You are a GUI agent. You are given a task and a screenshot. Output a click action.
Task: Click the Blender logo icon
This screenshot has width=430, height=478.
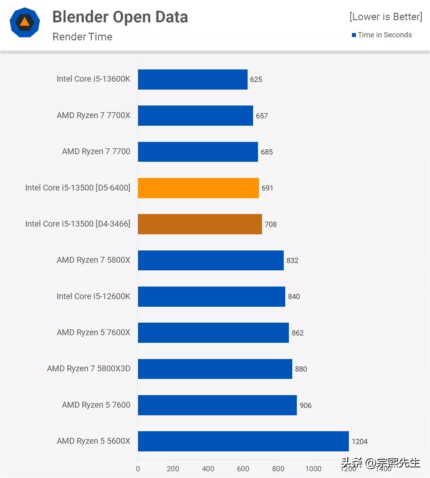click(x=25, y=23)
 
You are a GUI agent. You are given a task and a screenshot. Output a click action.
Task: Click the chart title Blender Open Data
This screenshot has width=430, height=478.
click(x=120, y=17)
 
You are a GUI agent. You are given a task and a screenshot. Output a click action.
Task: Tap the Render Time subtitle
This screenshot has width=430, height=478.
click(x=82, y=37)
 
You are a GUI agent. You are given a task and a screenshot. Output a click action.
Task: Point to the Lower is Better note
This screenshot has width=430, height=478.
click(x=386, y=17)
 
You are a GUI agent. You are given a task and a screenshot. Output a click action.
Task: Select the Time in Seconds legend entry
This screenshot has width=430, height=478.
click(x=384, y=35)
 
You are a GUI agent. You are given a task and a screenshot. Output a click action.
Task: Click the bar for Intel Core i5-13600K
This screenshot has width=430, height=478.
click(x=193, y=80)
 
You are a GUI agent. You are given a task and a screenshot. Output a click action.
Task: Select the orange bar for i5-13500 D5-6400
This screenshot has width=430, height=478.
click(x=198, y=188)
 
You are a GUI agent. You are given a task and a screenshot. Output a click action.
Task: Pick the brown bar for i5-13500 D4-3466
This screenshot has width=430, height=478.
click(x=200, y=224)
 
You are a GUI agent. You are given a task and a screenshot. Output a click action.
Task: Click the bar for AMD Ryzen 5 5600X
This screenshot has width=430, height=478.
click(x=243, y=441)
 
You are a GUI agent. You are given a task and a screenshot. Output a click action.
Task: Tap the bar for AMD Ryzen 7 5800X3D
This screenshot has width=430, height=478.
click(x=215, y=369)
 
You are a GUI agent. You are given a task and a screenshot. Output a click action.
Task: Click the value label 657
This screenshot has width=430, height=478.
click(x=262, y=116)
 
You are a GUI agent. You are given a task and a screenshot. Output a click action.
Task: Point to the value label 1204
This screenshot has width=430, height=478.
click(x=359, y=442)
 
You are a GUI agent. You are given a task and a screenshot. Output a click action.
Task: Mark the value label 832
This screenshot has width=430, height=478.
click(x=292, y=261)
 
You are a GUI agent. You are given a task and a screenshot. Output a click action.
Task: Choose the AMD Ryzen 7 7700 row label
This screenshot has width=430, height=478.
click(x=96, y=151)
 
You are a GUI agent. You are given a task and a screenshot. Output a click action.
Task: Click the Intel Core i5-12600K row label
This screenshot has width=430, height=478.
click(x=93, y=296)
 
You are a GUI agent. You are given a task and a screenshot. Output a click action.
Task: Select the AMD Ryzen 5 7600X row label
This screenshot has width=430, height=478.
click(x=93, y=332)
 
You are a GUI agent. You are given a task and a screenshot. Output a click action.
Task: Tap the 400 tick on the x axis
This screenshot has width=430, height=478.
click(x=208, y=469)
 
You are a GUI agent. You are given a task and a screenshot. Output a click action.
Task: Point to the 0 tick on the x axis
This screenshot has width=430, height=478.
click(x=138, y=469)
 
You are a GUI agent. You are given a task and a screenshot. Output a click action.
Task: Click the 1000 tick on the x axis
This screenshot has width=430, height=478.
click(x=313, y=469)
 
